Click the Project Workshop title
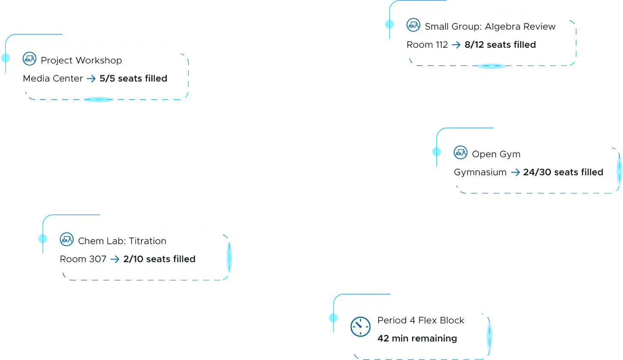tap(81, 60)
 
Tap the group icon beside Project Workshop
tap(30, 59)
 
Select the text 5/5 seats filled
tap(133, 78)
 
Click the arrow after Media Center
tap(91, 79)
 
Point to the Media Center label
tap(53, 78)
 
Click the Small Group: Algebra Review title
tap(490, 27)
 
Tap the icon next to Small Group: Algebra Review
tap(413, 25)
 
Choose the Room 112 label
tap(427, 45)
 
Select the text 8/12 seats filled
tap(500, 45)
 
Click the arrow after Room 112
tap(456, 45)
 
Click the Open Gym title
tap(496, 154)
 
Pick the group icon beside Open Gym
tap(460, 152)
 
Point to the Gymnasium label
tap(480, 172)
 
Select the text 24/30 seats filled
tap(563, 172)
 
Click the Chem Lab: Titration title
tap(122, 241)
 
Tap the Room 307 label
tap(83, 259)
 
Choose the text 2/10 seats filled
tap(160, 259)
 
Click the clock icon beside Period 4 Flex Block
tap(361, 327)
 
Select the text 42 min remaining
tap(417, 338)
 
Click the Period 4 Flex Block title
tap(421, 320)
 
